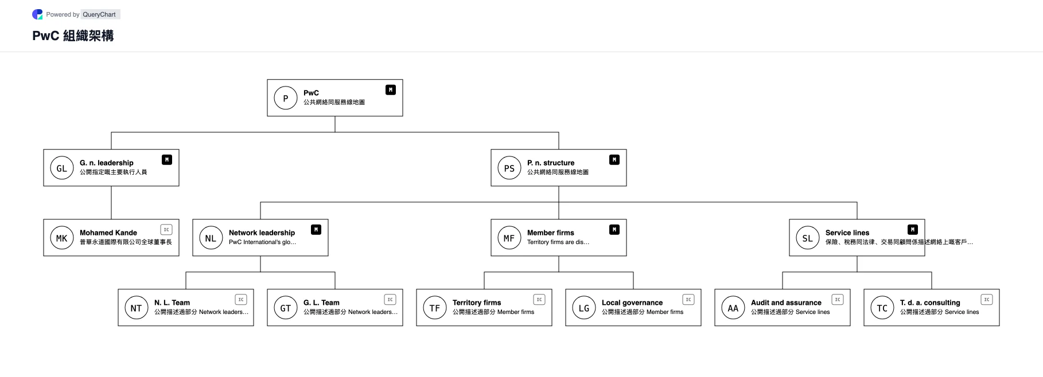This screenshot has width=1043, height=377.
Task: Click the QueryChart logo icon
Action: (37, 14)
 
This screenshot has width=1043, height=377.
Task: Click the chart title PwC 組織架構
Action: (73, 36)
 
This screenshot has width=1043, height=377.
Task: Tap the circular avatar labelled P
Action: (286, 98)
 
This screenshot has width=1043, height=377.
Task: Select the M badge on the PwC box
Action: (391, 90)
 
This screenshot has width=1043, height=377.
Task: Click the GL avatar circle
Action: (62, 168)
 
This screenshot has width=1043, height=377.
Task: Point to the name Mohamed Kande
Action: (108, 233)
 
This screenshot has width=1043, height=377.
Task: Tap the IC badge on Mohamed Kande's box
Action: (166, 230)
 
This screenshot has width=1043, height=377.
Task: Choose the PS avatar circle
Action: (509, 168)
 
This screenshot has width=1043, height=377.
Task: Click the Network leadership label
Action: (262, 233)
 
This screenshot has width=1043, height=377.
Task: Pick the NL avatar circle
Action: (211, 238)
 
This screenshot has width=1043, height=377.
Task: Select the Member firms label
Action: (551, 233)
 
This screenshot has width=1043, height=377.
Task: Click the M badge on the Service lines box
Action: (913, 230)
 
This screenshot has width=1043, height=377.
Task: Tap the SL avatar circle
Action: (808, 238)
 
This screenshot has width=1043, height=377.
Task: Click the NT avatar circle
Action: (137, 308)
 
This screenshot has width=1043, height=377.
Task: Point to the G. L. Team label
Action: (321, 303)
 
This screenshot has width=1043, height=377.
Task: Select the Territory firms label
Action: (477, 303)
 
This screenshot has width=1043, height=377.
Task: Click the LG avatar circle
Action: (584, 308)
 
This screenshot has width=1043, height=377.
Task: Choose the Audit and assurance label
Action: (786, 303)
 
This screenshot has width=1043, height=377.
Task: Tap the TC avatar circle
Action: (882, 308)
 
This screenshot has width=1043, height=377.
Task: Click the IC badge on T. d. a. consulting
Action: (987, 300)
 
